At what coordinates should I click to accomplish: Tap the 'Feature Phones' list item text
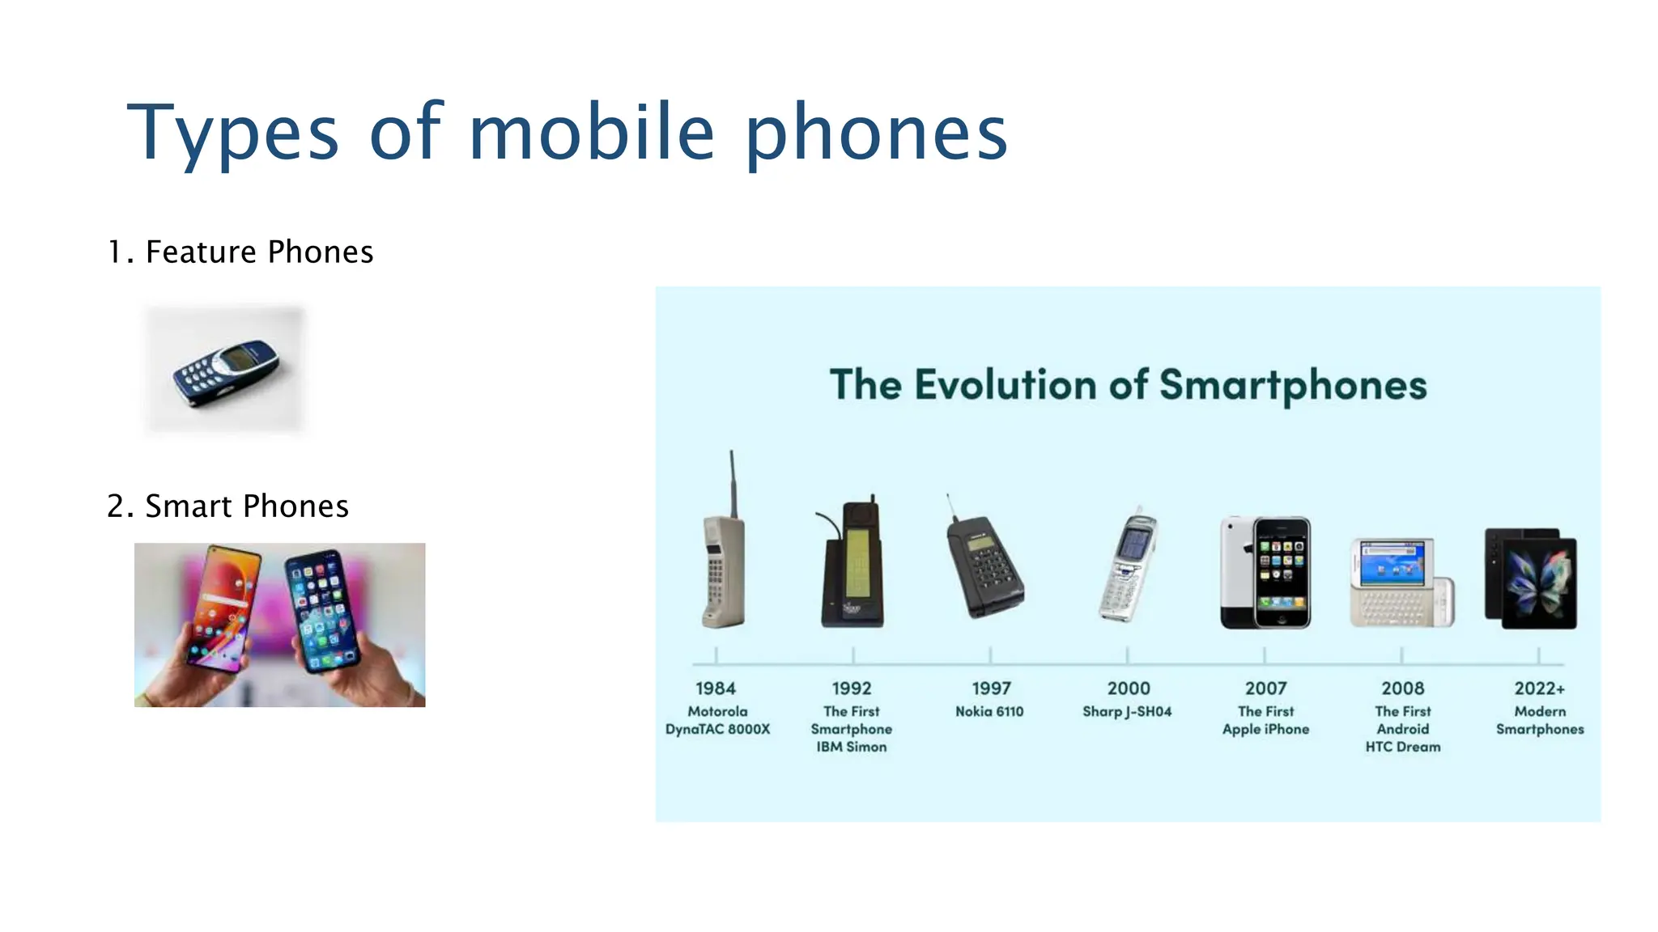(259, 252)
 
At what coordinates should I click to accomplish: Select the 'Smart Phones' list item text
(246, 506)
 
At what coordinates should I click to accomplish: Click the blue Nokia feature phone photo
(226, 372)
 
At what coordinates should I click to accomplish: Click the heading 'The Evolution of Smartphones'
(1128, 384)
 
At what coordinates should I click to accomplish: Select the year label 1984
(716, 688)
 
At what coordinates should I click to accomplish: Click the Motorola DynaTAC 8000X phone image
(721, 570)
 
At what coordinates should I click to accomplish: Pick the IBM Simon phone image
(852, 566)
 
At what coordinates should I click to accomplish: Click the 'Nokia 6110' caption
(989, 712)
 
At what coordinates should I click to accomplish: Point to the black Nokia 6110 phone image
(984, 566)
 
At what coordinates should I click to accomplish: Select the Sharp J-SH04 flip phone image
(1128, 566)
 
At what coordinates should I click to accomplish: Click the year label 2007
(1265, 688)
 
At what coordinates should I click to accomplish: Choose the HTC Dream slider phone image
(1401, 582)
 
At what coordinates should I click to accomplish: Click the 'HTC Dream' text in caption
(1403, 747)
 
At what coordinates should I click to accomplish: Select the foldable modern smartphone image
(1532, 578)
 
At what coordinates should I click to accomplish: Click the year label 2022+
(1540, 688)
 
